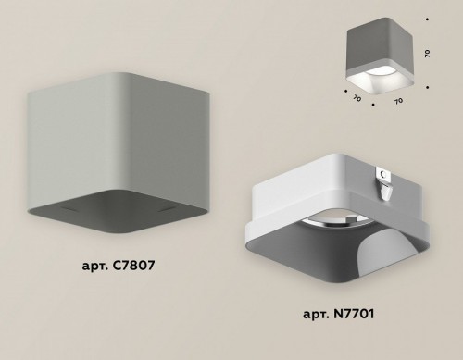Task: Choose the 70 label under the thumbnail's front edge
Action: (x=400, y=100)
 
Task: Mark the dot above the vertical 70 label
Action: (x=427, y=19)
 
